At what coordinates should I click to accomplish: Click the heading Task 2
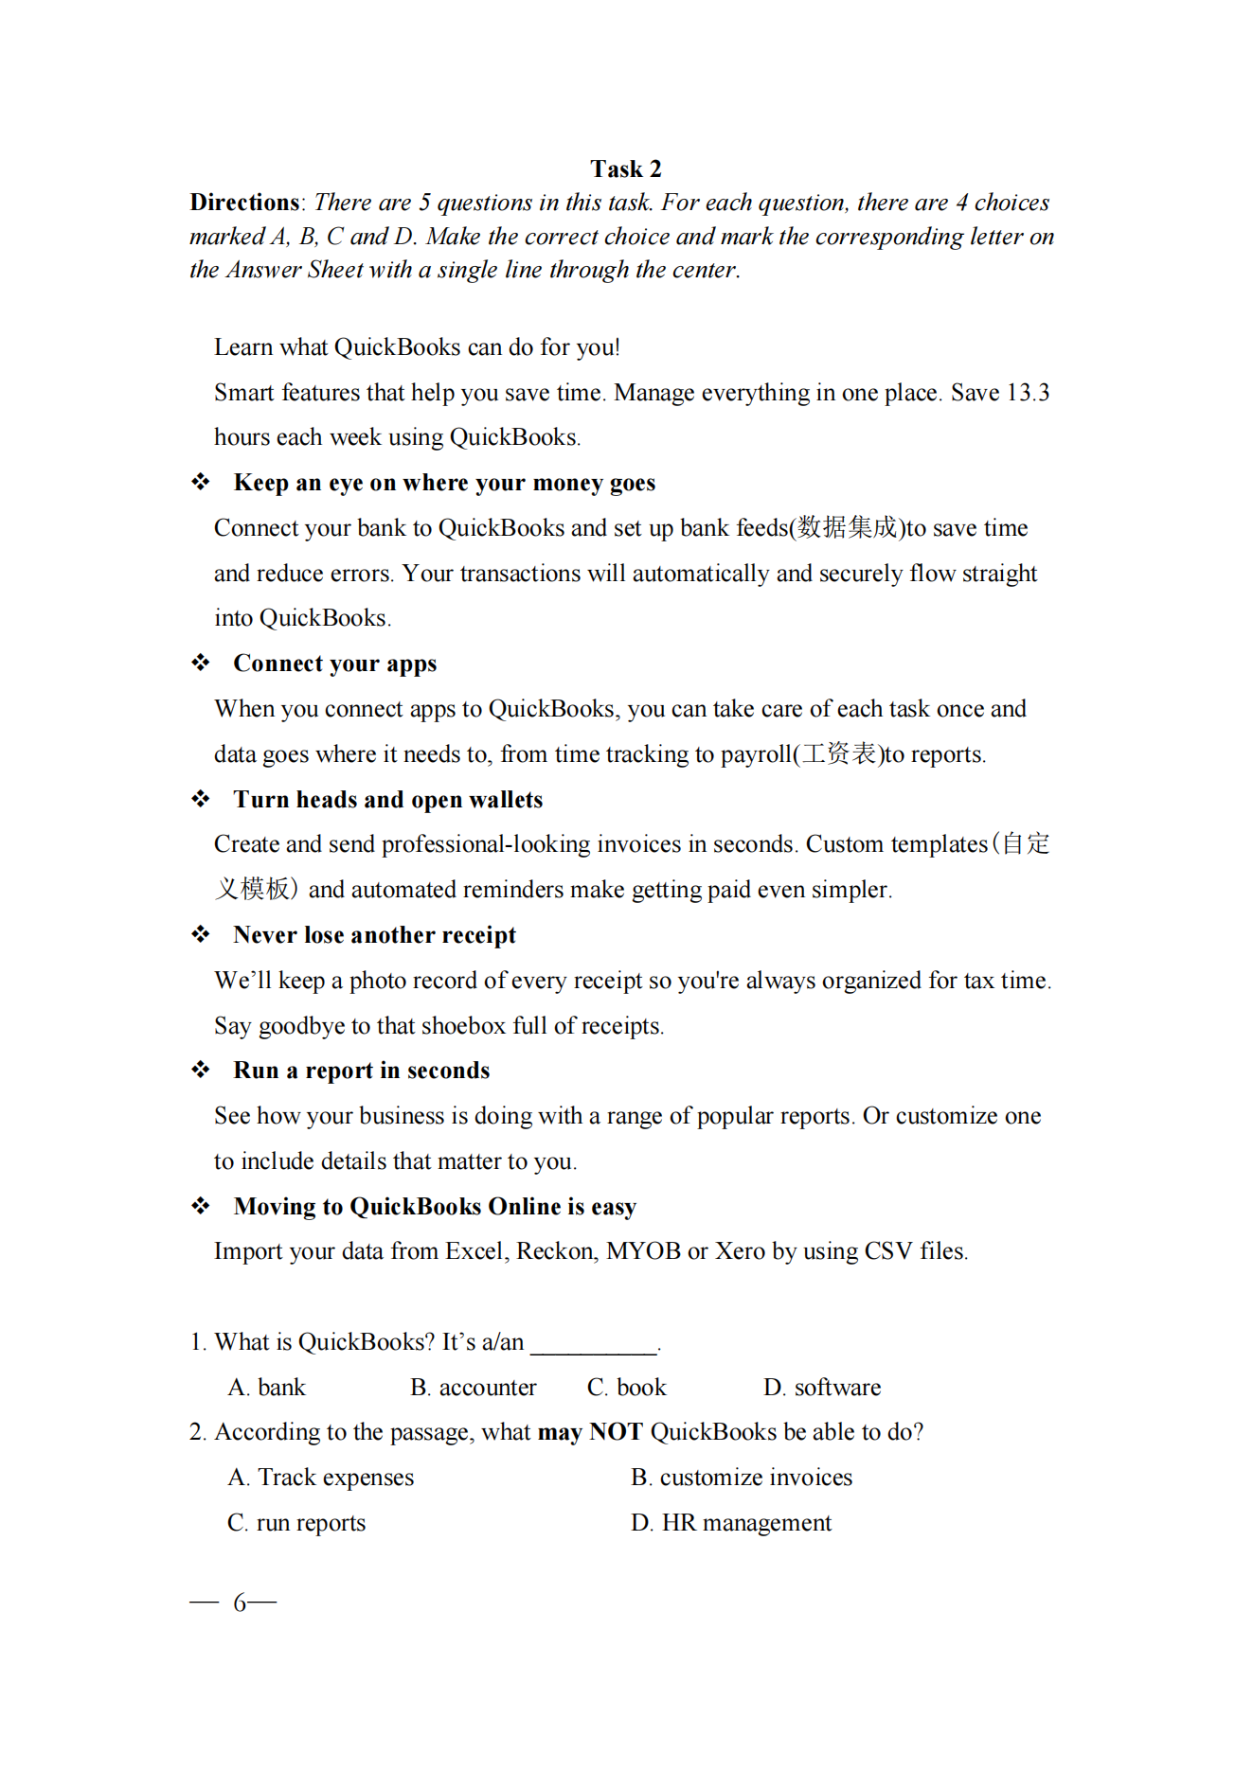coord(626,169)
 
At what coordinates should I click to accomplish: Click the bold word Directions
coord(244,203)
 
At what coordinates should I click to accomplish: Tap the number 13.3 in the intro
coord(1027,393)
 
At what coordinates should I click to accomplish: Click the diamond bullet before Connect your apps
coord(201,663)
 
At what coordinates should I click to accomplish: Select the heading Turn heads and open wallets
coord(388,800)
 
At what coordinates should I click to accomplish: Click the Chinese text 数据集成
coord(847,527)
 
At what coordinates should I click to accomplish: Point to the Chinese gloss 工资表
coord(839,753)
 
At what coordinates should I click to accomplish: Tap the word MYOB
coord(643,1251)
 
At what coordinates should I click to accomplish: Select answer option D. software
coord(822,1388)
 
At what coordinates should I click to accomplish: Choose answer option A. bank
coord(267,1388)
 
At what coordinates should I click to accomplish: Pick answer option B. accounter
coord(474,1388)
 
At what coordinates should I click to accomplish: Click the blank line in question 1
coord(593,1344)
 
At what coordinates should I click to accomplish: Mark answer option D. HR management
coord(731,1523)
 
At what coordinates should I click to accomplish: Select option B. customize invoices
coord(742,1478)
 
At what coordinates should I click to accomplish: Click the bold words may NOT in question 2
coord(590,1432)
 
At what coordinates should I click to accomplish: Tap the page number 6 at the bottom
coord(240,1603)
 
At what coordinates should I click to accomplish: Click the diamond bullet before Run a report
coord(201,1070)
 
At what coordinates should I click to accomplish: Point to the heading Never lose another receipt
coord(375,935)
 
